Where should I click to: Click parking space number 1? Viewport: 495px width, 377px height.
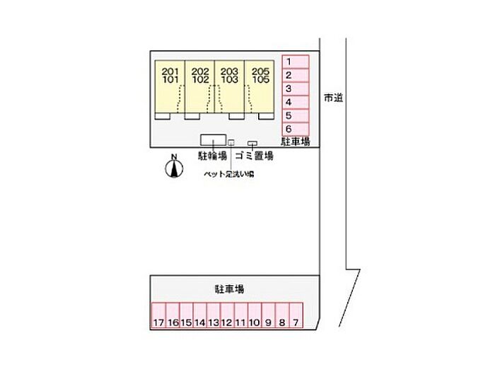click(296, 62)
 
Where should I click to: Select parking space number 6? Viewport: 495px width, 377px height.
click(296, 129)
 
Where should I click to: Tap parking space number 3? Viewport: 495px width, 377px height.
click(296, 89)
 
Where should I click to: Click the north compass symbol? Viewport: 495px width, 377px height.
click(173, 168)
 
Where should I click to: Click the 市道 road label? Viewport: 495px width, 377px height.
click(333, 98)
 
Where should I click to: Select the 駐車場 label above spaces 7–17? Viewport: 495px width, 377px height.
click(230, 289)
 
